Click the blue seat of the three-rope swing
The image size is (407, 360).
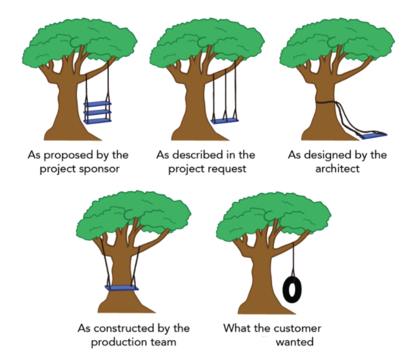point(224,120)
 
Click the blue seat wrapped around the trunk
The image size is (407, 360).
point(122,287)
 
